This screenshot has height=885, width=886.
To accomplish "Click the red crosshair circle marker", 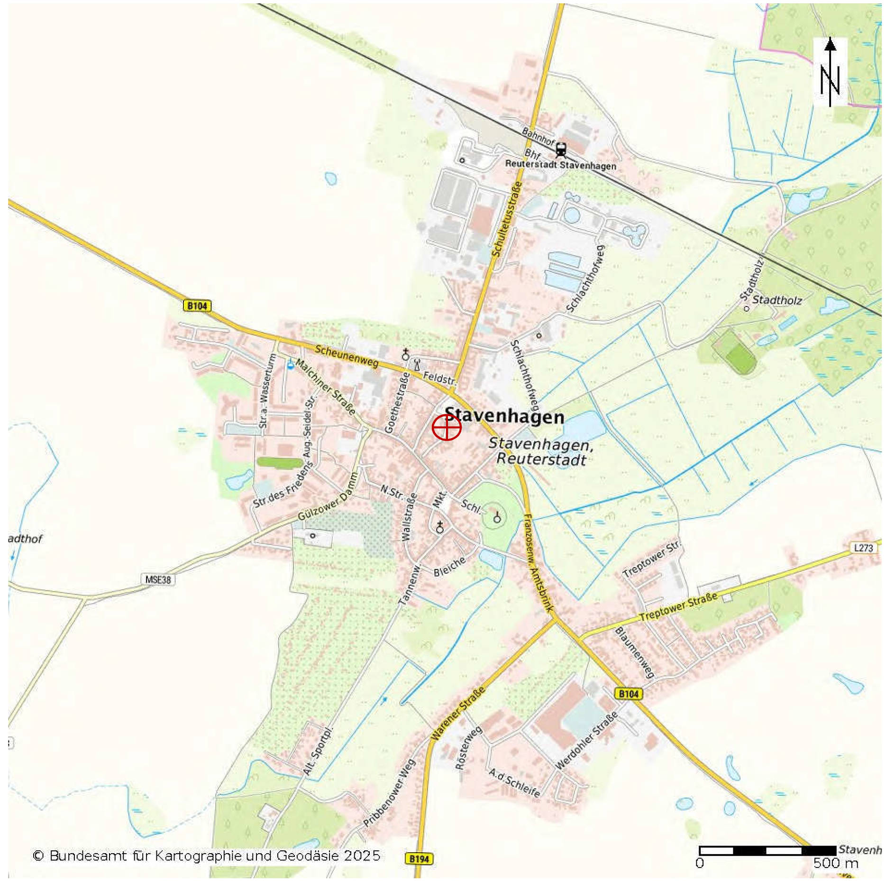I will [446, 427].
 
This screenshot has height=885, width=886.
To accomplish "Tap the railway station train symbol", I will [561, 149].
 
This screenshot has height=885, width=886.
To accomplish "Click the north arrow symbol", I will [830, 72].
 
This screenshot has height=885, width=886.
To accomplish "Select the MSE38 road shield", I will [158, 579].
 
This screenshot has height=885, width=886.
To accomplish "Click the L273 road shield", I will [863, 548].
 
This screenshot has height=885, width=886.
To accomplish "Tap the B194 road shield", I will [419, 858].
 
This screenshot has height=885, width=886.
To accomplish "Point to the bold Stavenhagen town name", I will [504, 416].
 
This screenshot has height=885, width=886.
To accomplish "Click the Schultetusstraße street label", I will [507, 219].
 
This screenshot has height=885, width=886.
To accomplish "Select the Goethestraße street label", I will [397, 402].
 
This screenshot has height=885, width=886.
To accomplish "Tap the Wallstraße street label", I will [409, 517].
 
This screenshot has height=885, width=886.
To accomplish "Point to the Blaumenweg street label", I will [634, 652].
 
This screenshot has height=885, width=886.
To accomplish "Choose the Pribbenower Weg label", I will [390, 793].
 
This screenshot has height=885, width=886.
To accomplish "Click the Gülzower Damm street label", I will [327, 497].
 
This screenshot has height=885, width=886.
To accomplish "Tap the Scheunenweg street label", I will [347, 356].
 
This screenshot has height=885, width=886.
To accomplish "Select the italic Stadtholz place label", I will [777, 300].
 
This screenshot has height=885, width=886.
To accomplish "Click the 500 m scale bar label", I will [835, 863].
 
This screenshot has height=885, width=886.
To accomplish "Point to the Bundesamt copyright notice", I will [206, 856].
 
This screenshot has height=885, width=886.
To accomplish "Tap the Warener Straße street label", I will [458, 713].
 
